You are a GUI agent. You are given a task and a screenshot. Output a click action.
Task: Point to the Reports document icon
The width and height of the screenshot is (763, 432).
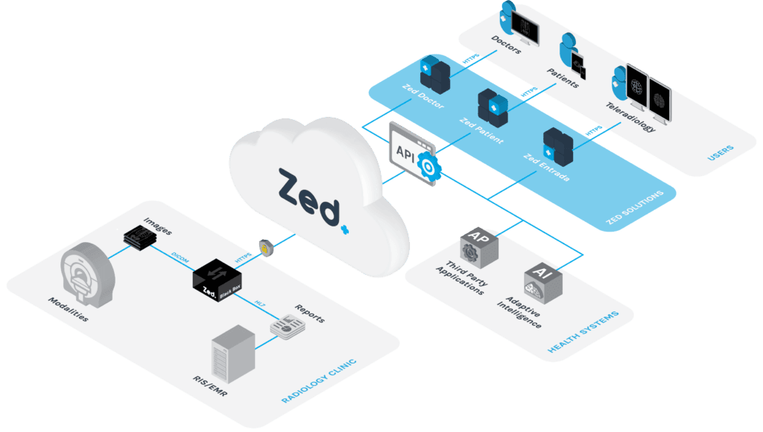[x=286, y=327]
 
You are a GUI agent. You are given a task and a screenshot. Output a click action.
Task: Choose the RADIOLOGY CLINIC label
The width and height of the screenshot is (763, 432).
[x=319, y=381]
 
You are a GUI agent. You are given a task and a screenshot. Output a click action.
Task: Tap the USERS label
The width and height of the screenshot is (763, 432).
[x=721, y=152]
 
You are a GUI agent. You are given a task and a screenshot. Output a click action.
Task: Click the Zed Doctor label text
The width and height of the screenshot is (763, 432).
[x=422, y=98]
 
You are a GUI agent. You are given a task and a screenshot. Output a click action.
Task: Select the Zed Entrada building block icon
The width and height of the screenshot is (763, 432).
[x=557, y=147]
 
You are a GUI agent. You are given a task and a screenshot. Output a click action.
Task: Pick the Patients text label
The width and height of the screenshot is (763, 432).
[x=563, y=75]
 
